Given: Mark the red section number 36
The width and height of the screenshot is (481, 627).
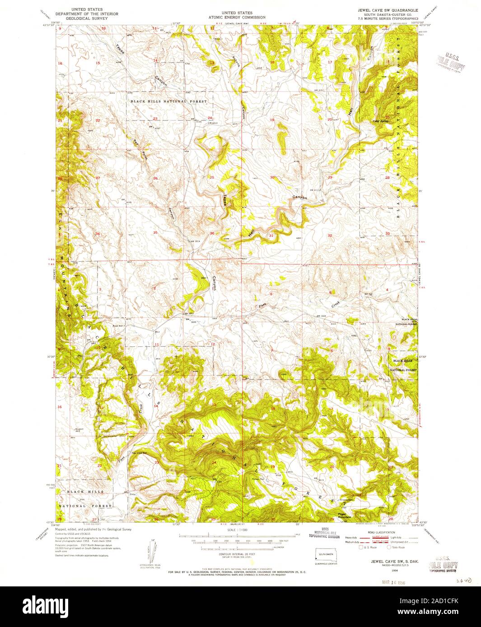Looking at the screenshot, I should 212,233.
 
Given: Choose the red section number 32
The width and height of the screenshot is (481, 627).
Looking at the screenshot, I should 330,235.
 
